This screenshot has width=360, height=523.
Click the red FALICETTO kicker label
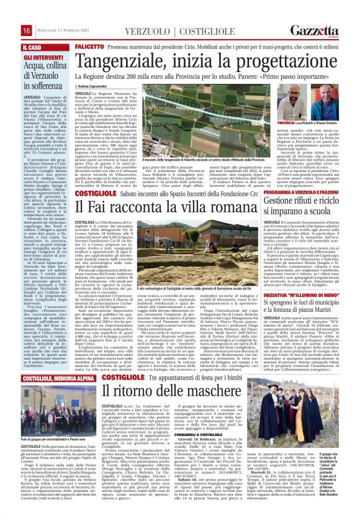pyautogui.click(x=89, y=47)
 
